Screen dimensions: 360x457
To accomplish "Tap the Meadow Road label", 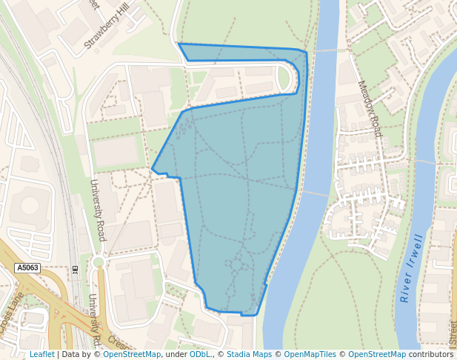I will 369,108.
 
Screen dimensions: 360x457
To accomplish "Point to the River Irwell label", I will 412,268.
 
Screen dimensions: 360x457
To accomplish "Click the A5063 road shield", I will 27,267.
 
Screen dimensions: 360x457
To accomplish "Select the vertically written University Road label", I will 98,210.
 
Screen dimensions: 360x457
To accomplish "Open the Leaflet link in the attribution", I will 41,355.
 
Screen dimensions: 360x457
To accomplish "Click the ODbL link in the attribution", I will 200,355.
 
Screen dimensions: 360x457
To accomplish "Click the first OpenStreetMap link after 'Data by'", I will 132,355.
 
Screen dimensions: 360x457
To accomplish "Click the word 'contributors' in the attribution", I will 431,355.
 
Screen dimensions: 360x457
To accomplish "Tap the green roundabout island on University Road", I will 99,262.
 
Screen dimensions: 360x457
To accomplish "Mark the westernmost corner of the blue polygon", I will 152,169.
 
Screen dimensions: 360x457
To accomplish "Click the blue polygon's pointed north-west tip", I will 179,44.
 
